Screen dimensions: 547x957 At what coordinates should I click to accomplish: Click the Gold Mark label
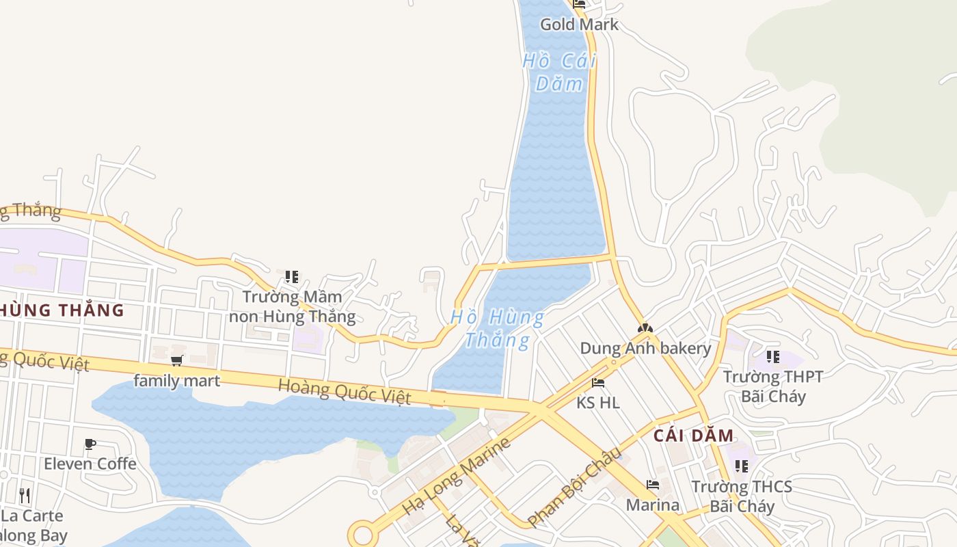[x=579, y=25]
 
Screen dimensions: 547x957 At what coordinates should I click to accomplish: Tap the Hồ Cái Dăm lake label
[x=559, y=72]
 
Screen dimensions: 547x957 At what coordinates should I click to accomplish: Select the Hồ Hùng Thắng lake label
[x=498, y=328]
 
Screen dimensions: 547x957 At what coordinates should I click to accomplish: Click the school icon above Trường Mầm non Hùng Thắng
[x=292, y=277]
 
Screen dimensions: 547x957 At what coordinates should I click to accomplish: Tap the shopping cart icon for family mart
[x=177, y=360]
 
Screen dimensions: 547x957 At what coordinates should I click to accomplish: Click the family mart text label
[x=177, y=381]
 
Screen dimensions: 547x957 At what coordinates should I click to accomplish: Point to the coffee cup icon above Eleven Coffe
[x=90, y=444]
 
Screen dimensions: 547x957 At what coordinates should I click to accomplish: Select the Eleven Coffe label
[x=90, y=464]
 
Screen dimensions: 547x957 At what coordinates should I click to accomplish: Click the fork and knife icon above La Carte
[x=24, y=494]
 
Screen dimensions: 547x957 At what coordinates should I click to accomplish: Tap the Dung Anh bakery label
[x=645, y=348]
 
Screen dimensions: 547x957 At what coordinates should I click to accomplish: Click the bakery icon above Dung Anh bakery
[x=645, y=329]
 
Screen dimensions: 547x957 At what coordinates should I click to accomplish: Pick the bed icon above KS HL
[x=598, y=383]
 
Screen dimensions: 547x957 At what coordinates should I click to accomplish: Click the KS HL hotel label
[x=598, y=403]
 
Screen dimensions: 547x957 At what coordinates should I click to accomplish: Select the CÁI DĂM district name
[x=693, y=436]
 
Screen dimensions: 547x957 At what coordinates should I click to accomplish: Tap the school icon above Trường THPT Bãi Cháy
[x=773, y=356]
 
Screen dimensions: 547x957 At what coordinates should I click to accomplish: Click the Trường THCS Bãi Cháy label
[x=742, y=496]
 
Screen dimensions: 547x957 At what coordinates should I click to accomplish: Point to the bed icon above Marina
[x=653, y=485]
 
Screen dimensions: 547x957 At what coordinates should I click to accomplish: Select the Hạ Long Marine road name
[x=456, y=477]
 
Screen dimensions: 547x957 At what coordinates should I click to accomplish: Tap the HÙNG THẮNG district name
[x=62, y=310]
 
